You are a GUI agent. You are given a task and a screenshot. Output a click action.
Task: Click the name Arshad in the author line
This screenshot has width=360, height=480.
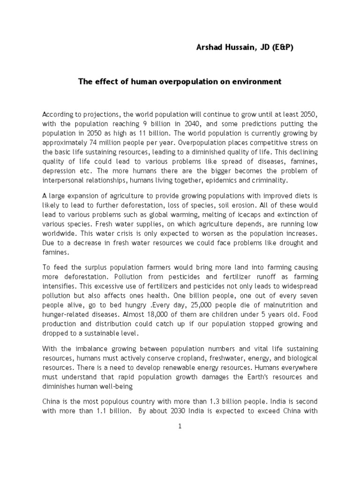tap(209, 47)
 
